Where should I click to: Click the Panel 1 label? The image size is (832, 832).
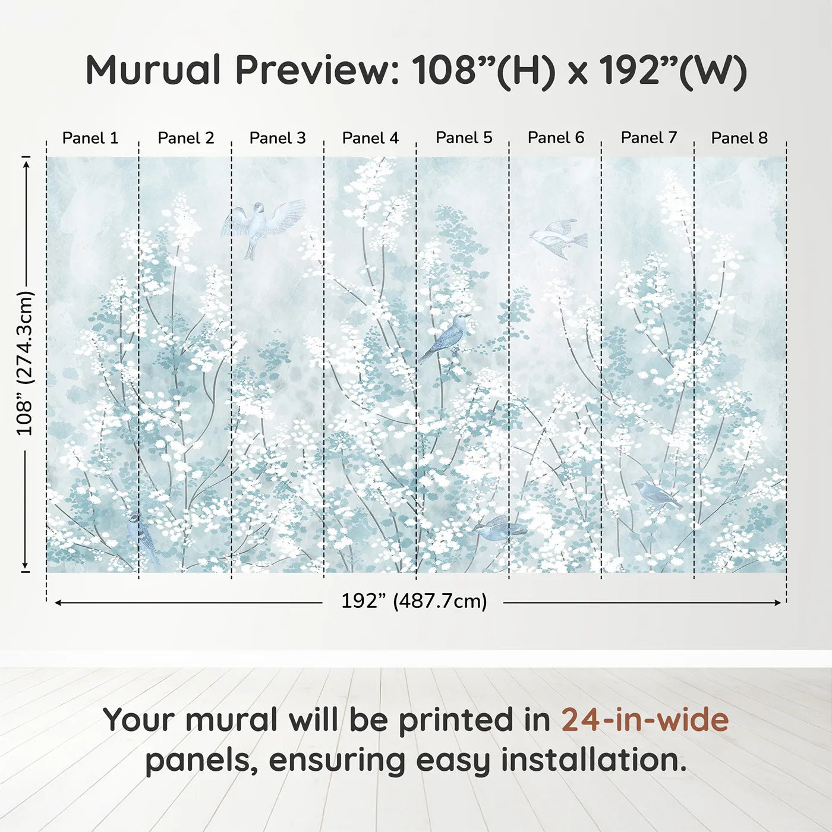[x=90, y=138]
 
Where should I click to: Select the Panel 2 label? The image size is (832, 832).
[x=185, y=138]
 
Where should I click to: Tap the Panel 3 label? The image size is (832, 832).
[x=278, y=138]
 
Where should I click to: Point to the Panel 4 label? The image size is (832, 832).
[x=370, y=138]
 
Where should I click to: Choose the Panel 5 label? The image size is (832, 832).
[x=464, y=138]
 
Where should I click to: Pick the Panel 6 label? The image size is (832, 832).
[x=556, y=138]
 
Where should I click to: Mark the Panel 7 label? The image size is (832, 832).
[x=649, y=138]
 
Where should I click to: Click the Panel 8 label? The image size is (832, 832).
[x=740, y=138]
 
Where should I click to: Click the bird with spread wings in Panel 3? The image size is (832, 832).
[x=263, y=226]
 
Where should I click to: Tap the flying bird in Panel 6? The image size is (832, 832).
[x=558, y=238]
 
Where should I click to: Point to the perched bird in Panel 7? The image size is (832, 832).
[x=655, y=494]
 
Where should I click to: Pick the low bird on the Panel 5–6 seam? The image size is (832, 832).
[x=499, y=528]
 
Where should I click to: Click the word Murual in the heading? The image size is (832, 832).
[x=153, y=70]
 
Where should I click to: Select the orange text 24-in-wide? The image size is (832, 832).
[x=645, y=719]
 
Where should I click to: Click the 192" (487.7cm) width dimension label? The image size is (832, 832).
[x=414, y=601]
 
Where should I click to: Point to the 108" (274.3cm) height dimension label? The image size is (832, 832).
[x=24, y=363]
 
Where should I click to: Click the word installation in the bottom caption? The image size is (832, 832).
[x=593, y=761]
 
